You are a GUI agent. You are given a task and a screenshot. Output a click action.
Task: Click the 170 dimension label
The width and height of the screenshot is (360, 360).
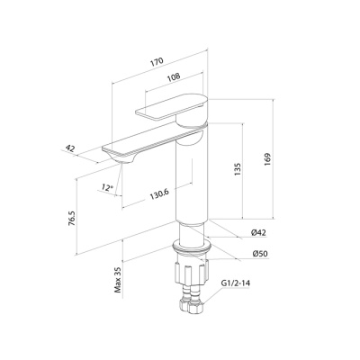pyautogui.click(x=157, y=61)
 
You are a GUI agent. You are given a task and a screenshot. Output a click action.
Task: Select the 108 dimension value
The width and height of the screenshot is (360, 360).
pyautogui.click(x=174, y=76)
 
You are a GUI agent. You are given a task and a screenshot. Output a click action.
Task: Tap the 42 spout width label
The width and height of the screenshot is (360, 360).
pyautogui.click(x=70, y=148)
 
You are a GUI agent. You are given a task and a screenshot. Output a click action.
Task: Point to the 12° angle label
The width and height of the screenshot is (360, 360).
pyautogui.click(x=107, y=188)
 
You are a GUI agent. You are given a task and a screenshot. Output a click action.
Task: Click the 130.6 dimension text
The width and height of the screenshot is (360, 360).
pyautogui.click(x=159, y=195)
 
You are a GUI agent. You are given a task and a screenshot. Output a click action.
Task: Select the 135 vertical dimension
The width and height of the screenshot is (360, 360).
pyautogui.click(x=238, y=169)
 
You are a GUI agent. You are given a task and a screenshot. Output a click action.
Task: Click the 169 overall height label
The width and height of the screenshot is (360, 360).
pyautogui.click(x=267, y=159)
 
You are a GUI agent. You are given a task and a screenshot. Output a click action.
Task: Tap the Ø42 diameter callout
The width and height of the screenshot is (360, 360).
pyautogui.click(x=258, y=232)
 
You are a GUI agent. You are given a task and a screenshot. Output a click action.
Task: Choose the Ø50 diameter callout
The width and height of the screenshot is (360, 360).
pyautogui.click(x=259, y=254)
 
